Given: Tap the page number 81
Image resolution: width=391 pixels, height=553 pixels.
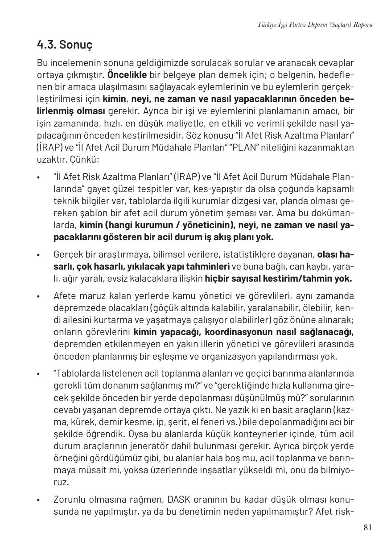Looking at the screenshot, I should pyautogui.click(x=367, y=528).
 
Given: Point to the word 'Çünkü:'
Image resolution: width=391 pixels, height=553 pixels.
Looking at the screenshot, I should pyautogui.click(x=84, y=159).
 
